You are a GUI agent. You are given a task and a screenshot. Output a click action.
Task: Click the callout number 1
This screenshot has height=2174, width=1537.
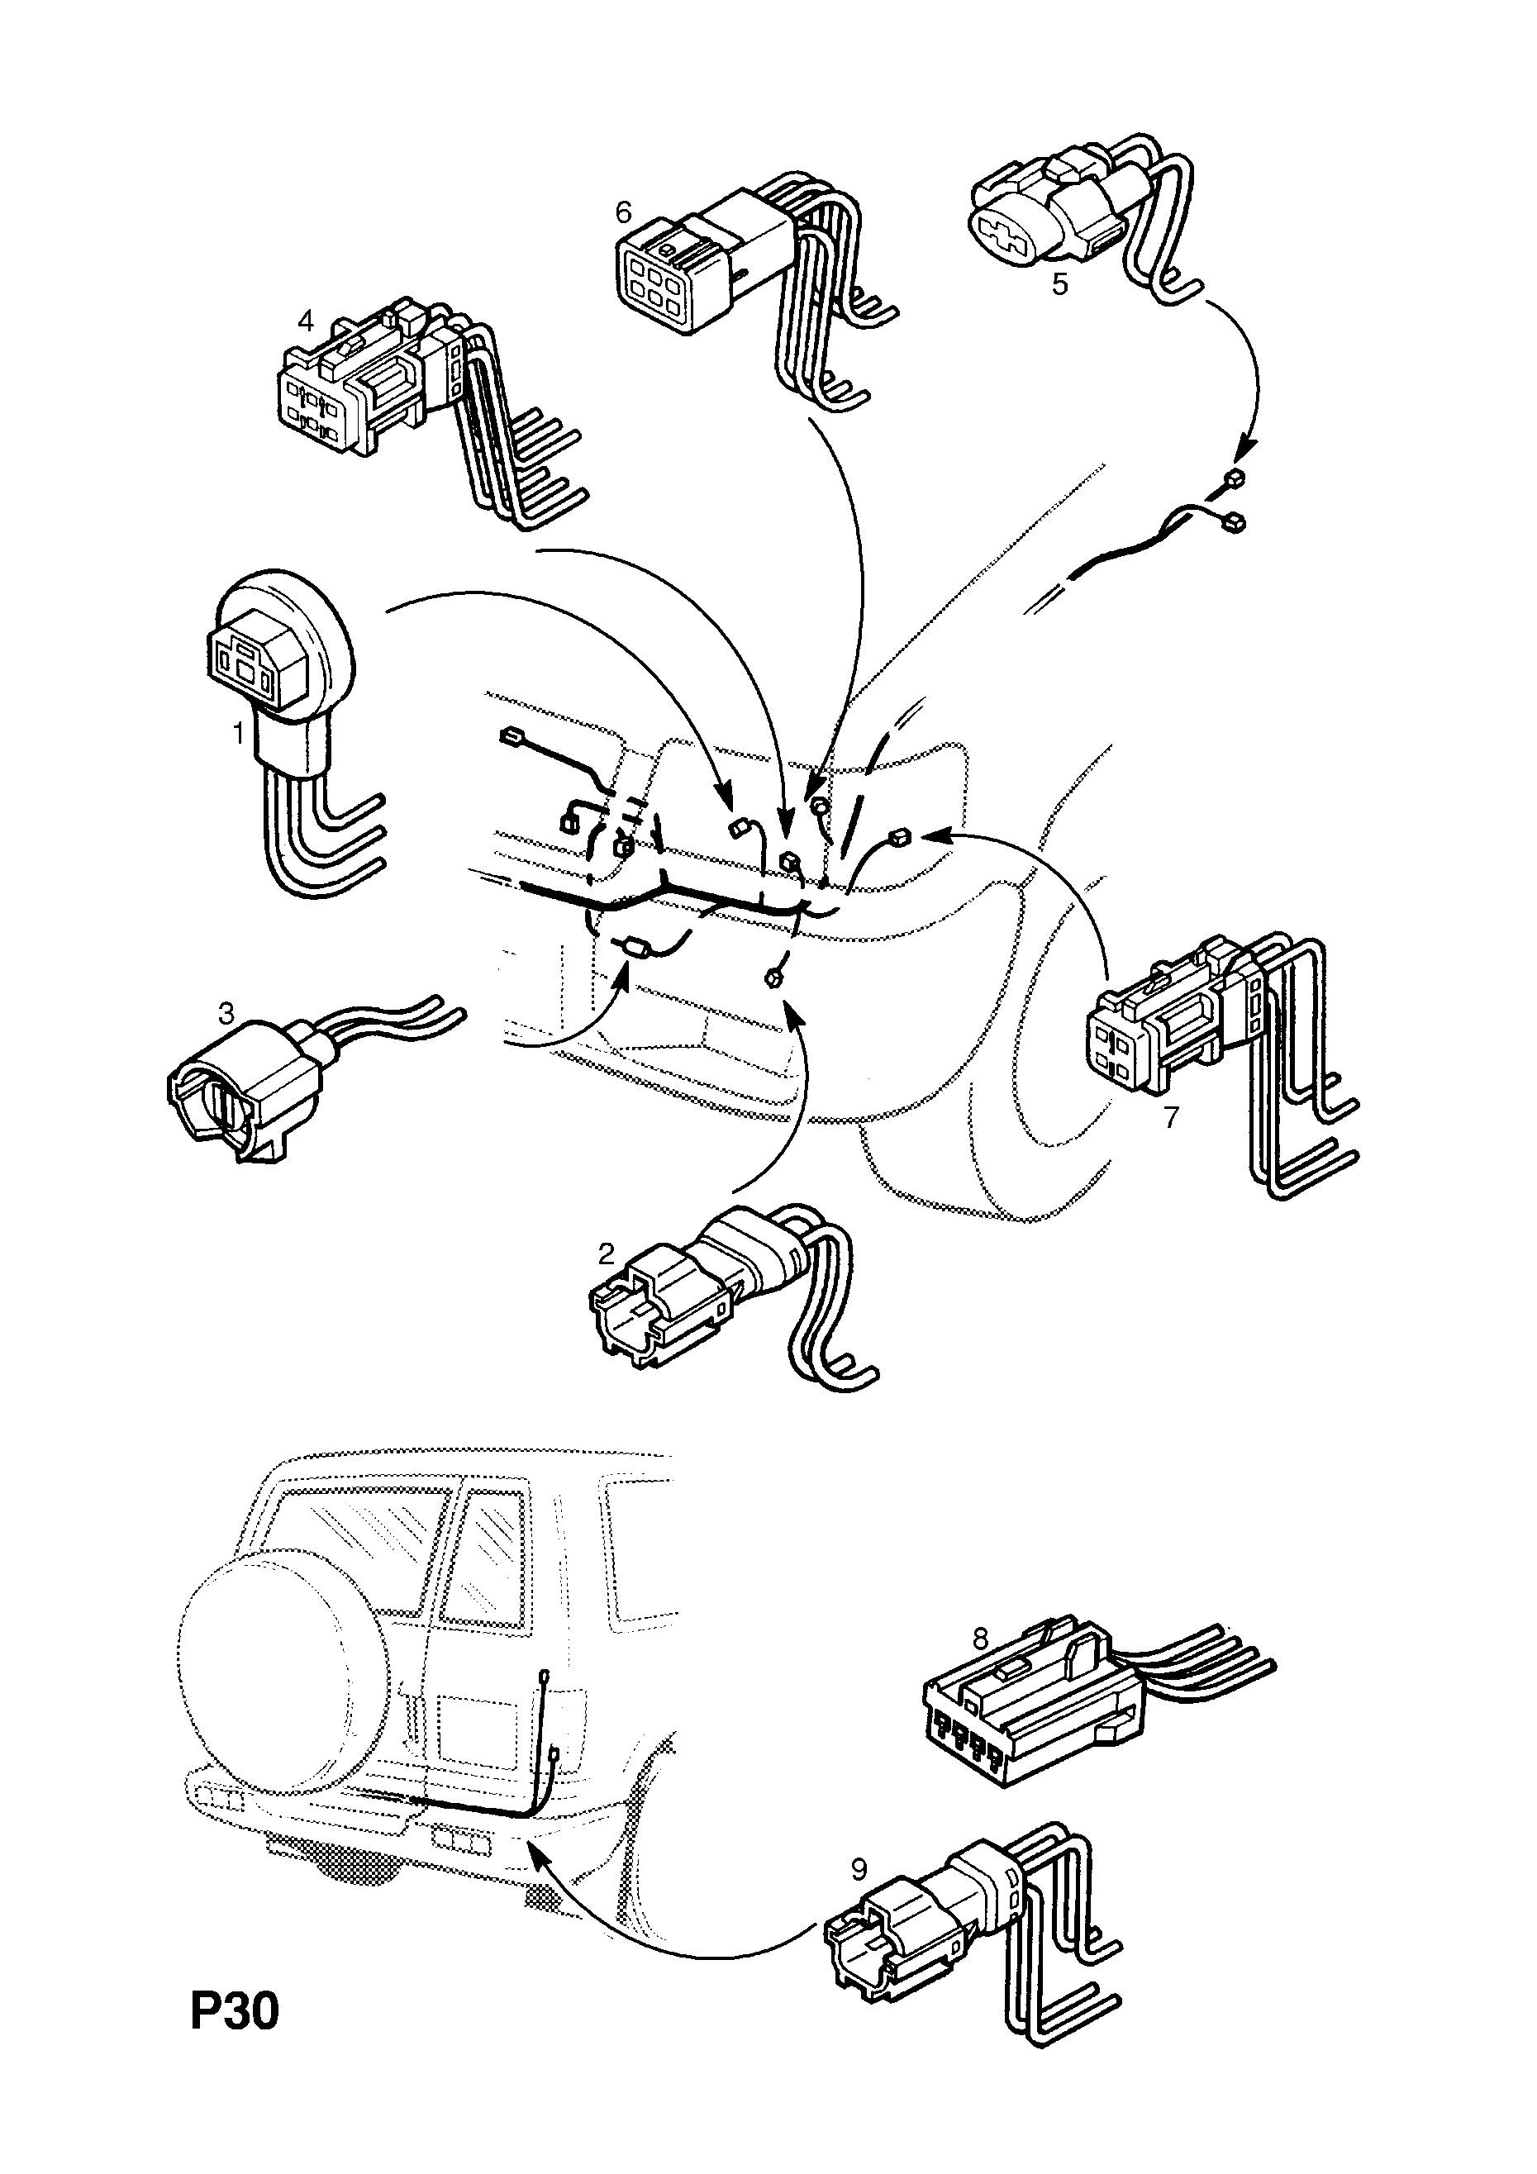[239, 732]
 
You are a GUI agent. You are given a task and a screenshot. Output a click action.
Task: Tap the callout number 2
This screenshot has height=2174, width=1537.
[606, 1254]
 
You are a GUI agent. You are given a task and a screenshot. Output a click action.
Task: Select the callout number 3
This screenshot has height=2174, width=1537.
[226, 1014]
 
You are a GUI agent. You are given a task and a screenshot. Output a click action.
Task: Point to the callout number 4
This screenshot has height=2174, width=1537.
[305, 321]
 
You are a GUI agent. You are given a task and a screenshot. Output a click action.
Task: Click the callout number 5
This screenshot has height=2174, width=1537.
[1059, 283]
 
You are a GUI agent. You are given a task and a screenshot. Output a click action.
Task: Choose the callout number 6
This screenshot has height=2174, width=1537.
[622, 212]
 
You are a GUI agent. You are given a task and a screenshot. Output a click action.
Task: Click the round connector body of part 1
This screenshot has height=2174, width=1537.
[284, 644]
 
